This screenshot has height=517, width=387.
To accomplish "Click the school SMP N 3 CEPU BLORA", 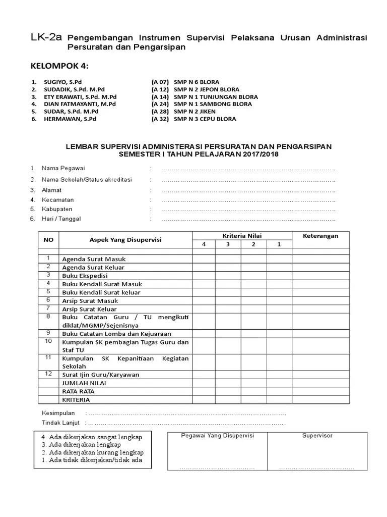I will tap(205, 119).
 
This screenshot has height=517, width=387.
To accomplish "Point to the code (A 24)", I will tap(160, 104).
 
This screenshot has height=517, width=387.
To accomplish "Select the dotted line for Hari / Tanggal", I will tap(248, 219).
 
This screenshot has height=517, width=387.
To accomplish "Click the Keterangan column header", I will tap(320, 236).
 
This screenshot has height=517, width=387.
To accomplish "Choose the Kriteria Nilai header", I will tap(242, 236).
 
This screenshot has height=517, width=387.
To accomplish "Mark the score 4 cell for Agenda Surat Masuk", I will tap(204, 259).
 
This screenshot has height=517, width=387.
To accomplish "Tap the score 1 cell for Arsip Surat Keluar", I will tap(279, 309).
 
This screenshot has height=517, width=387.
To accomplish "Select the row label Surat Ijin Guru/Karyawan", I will tap(100, 375).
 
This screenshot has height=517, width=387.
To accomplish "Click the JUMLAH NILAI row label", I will tap(84, 383).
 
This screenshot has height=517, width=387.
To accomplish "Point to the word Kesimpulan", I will tap(58, 413).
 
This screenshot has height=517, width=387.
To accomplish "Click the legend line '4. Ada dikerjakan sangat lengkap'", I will tap(92, 437).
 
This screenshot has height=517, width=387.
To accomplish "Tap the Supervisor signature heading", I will tap(317, 436).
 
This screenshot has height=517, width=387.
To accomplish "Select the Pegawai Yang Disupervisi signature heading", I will tap(217, 436).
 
